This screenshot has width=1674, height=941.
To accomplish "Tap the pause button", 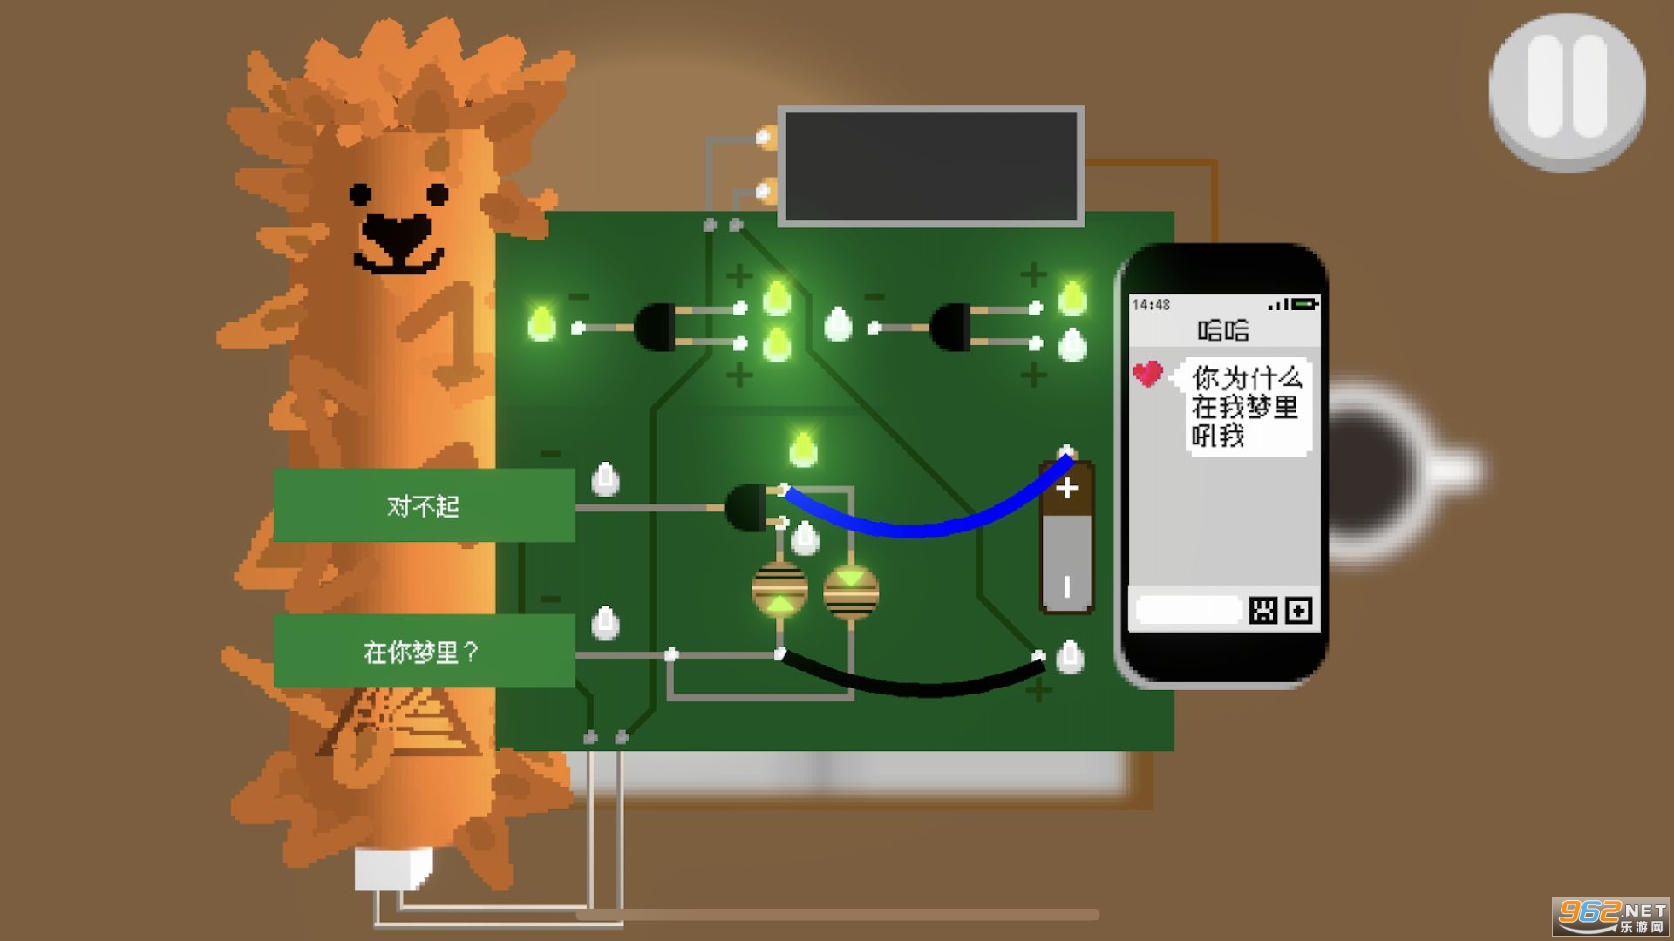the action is click(x=1567, y=91).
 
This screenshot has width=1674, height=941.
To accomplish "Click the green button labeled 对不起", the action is click(x=424, y=505).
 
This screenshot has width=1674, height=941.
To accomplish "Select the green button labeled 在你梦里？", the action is click(x=424, y=651).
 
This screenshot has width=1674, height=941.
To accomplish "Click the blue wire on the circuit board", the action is click(x=924, y=525).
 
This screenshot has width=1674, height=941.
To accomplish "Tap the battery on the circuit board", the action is click(x=1066, y=538).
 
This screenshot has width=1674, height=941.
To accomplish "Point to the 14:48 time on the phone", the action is click(x=1151, y=304).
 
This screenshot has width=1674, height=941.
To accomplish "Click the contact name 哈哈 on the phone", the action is click(x=1222, y=330).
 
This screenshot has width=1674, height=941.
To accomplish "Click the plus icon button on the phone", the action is click(x=1298, y=611).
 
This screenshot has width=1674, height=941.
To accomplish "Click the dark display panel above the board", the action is click(x=931, y=166).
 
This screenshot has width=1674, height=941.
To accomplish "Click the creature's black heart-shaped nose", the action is click(x=395, y=234).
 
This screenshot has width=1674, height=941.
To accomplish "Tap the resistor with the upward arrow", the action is click(x=779, y=590).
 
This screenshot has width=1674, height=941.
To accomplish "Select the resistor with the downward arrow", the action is click(x=851, y=590).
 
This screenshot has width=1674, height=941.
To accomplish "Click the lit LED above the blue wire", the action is click(x=803, y=449).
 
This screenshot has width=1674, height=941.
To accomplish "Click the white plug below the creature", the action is click(x=393, y=868).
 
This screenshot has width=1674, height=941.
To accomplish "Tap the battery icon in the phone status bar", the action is click(x=1305, y=304).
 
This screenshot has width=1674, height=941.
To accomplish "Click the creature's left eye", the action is click(x=360, y=193).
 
